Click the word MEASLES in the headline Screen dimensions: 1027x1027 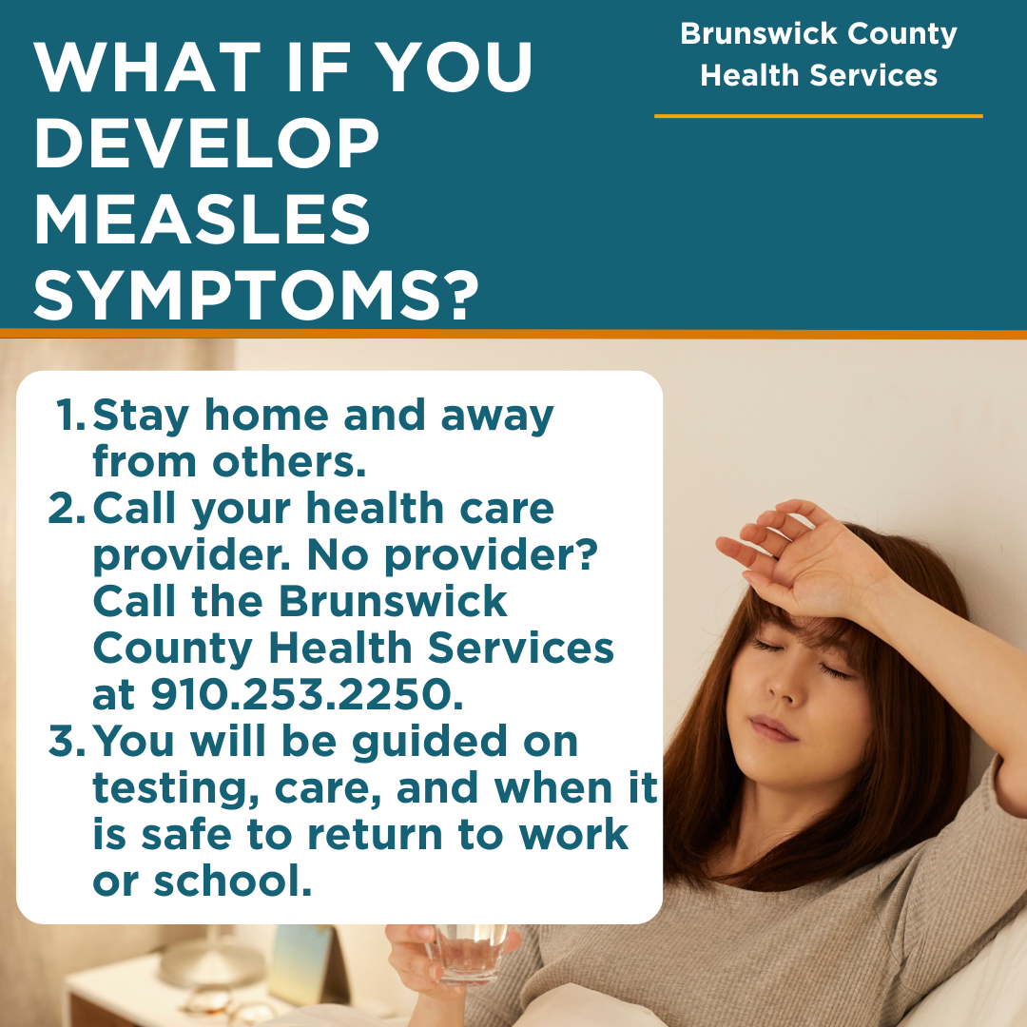pyautogui.click(x=203, y=219)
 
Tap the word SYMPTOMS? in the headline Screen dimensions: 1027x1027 pyautogui.click(x=256, y=296)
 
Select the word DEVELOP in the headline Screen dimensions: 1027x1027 pyautogui.click(x=207, y=143)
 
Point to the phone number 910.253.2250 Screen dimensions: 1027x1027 pyautogui.click(x=306, y=694)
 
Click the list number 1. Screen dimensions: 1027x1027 pyautogui.click(x=70, y=415)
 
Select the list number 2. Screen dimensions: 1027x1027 pyautogui.click(x=67, y=508)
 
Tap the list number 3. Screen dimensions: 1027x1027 pyautogui.click(x=67, y=741)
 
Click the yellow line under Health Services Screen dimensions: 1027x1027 pyautogui.click(x=818, y=117)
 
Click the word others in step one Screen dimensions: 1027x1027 pyautogui.click(x=288, y=462)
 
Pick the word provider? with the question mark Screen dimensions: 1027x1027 pyautogui.click(x=491, y=556)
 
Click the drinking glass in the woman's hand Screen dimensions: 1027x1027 pyautogui.click(x=471, y=955)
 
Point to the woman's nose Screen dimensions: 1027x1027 pyautogui.click(x=782, y=685)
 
